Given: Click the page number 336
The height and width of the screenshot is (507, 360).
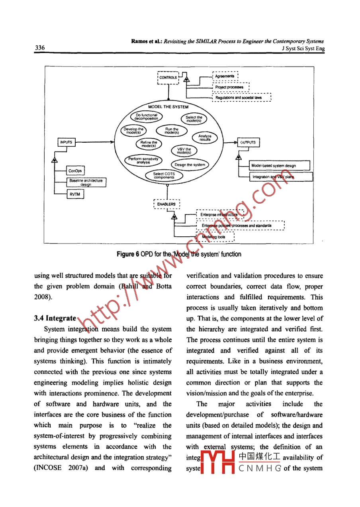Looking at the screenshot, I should [x=39, y=48].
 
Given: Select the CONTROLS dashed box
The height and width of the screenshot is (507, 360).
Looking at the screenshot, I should [x=168, y=77].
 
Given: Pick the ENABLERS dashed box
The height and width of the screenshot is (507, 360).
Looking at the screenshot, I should [x=167, y=204].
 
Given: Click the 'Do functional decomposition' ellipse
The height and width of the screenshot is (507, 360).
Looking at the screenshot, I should [x=147, y=117].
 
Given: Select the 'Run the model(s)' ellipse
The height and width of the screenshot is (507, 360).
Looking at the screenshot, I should [x=172, y=131].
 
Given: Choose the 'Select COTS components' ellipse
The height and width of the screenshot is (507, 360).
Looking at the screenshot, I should [x=164, y=175].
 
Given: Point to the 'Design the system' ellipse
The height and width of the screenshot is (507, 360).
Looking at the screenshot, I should [x=190, y=165].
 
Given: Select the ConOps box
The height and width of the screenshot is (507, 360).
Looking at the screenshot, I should [x=75, y=171].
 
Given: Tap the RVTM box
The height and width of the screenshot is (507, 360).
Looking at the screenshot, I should [x=75, y=194].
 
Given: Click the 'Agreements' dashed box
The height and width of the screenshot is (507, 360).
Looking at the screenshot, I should [x=225, y=76].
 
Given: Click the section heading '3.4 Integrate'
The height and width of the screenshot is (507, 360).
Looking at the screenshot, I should [x=55, y=318].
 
